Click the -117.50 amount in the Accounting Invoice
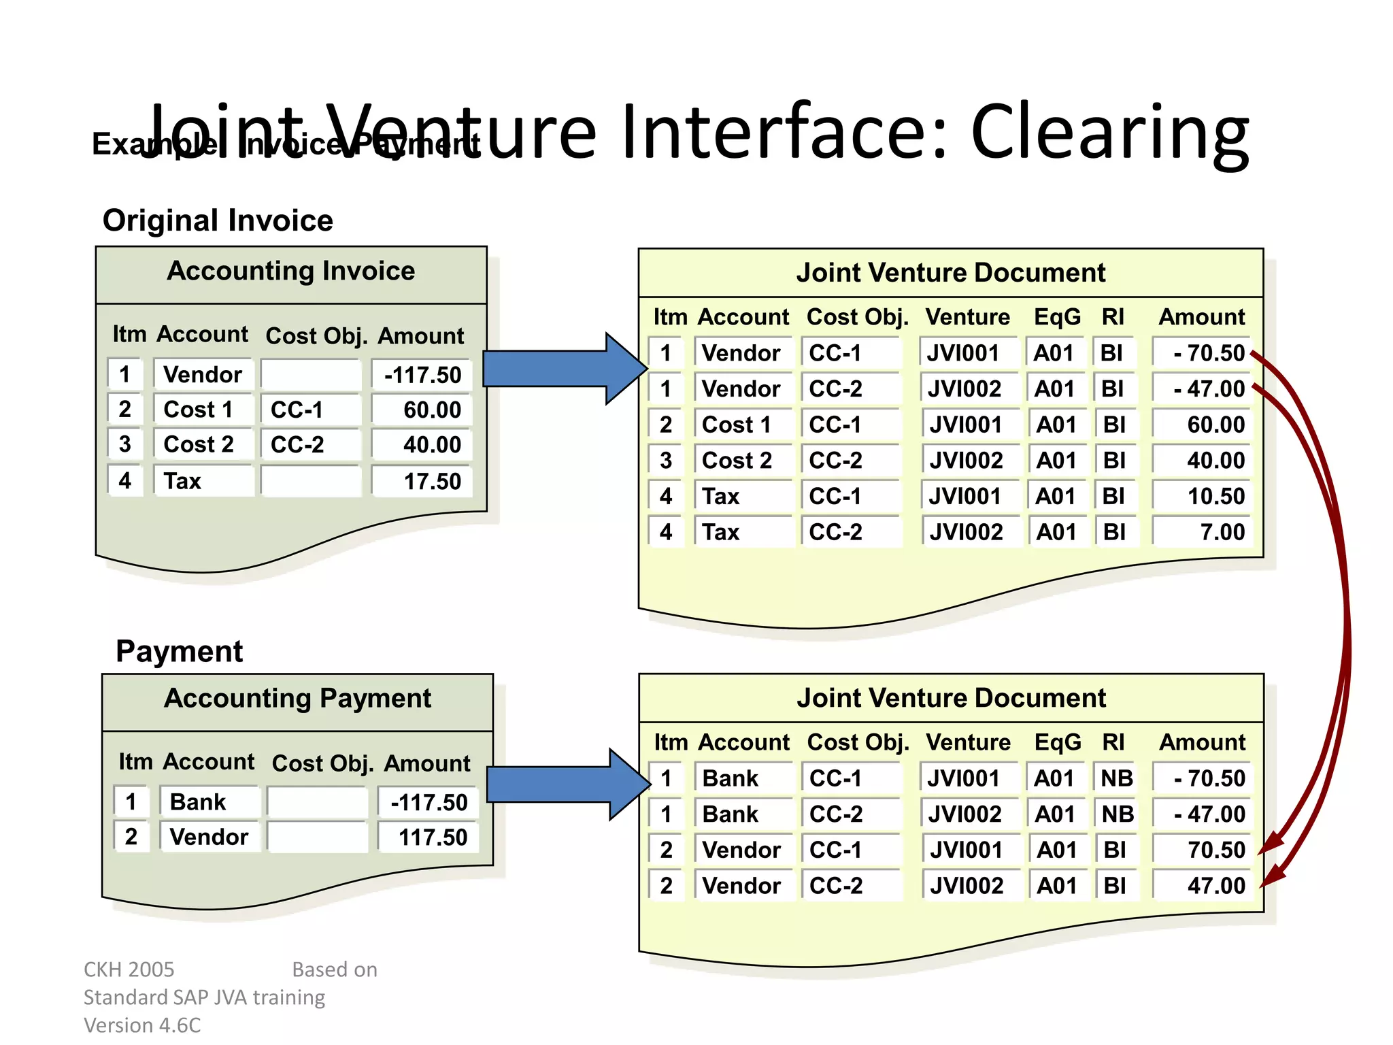point(422,375)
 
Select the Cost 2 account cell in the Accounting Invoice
point(199,444)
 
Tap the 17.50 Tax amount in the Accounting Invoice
point(431,482)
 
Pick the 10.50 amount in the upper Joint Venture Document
point(1215,496)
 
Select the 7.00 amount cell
point(1222,532)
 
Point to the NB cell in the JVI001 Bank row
point(1116,778)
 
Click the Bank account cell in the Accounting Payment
point(197,802)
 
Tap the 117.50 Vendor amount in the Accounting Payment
point(433,837)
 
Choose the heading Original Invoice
point(218,220)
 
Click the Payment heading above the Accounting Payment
point(179,651)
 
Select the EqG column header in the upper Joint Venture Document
point(1056,317)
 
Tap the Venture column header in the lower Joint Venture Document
point(968,742)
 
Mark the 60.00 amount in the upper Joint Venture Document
point(1215,425)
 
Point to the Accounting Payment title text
point(297,699)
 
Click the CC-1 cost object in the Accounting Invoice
point(297,410)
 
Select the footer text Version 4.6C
point(142,1025)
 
